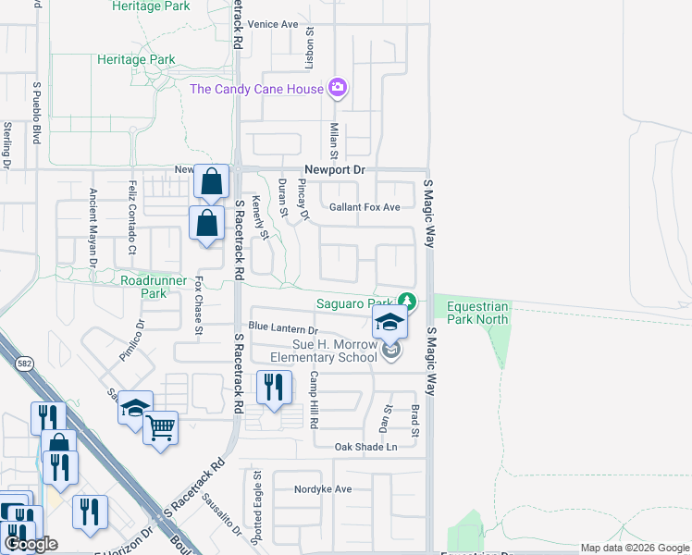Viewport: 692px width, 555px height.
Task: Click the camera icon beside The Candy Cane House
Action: click(x=338, y=88)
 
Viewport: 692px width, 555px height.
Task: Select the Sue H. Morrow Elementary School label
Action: click(x=324, y=351)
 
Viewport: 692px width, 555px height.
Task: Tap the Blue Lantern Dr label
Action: click(x=282, y=328)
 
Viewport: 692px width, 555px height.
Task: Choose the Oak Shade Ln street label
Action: click(x=365, y=447)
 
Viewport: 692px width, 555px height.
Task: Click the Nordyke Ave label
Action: click(x=323, y=488)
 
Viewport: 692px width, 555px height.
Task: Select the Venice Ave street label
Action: click(x=273, y=24)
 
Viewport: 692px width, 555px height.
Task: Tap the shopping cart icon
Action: click(x=161, y=427)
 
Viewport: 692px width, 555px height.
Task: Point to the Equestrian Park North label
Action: click(x=477, y=313)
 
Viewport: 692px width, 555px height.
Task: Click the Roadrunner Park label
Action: click(x=143, y=286)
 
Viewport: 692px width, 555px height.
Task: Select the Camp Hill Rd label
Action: click(x=315, y=399)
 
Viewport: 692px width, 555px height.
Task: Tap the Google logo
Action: click(x=31, y=544)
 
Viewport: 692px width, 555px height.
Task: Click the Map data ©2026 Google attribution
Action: click(x=635, y=548)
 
